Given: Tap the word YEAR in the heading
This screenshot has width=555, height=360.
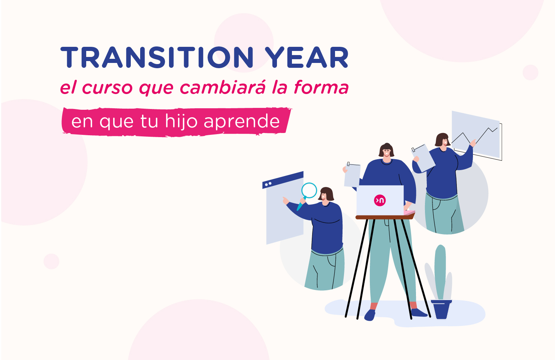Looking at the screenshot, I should [307, 58].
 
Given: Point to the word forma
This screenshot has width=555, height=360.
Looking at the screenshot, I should [321, 87].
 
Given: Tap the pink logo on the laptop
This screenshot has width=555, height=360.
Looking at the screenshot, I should [380, 200].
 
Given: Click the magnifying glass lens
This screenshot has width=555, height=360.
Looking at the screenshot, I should [309, 190].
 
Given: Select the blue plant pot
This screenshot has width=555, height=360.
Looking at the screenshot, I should [441, 309].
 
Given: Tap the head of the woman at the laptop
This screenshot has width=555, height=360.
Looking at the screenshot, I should [386, 151].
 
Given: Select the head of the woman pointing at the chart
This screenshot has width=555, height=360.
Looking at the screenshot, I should [443, 140].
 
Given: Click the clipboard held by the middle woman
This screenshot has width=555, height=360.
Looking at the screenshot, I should [352, 175].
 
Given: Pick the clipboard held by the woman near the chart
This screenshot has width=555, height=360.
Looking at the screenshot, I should [424, 158].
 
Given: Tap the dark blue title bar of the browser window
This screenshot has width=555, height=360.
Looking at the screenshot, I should [283, 180].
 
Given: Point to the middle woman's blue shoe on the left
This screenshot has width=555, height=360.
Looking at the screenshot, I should [370, 315].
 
